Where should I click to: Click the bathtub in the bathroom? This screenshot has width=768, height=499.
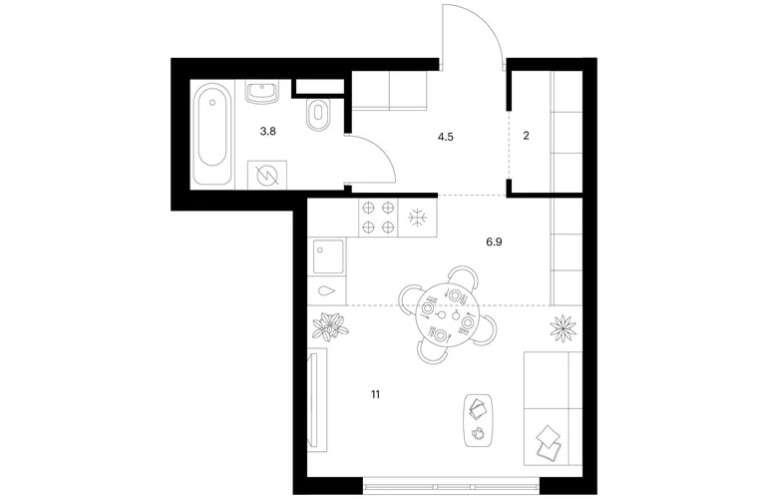212,134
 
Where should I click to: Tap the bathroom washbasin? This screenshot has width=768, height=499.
262,92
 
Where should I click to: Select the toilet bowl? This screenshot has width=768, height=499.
317,115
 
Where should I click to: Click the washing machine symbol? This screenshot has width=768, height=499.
267,175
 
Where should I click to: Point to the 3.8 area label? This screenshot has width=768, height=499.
268,132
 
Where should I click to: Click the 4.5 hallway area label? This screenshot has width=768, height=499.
446,137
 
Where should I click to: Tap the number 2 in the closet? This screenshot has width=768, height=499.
526,136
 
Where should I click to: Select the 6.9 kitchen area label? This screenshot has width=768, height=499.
494,243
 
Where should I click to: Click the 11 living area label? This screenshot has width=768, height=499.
376,394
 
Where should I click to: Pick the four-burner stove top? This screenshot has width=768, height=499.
378,218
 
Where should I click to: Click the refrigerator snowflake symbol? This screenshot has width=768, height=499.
418,218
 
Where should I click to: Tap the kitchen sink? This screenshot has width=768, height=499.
328,256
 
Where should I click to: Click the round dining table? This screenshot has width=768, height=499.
443,315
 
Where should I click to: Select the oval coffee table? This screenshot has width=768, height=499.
478,420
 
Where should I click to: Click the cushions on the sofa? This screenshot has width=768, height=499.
548,443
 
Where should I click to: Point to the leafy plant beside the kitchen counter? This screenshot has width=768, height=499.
330,326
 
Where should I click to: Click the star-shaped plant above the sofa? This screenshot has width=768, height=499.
563,328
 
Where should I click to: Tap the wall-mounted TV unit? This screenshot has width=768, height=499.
317,399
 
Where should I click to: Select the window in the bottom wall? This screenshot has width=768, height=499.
451,487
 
